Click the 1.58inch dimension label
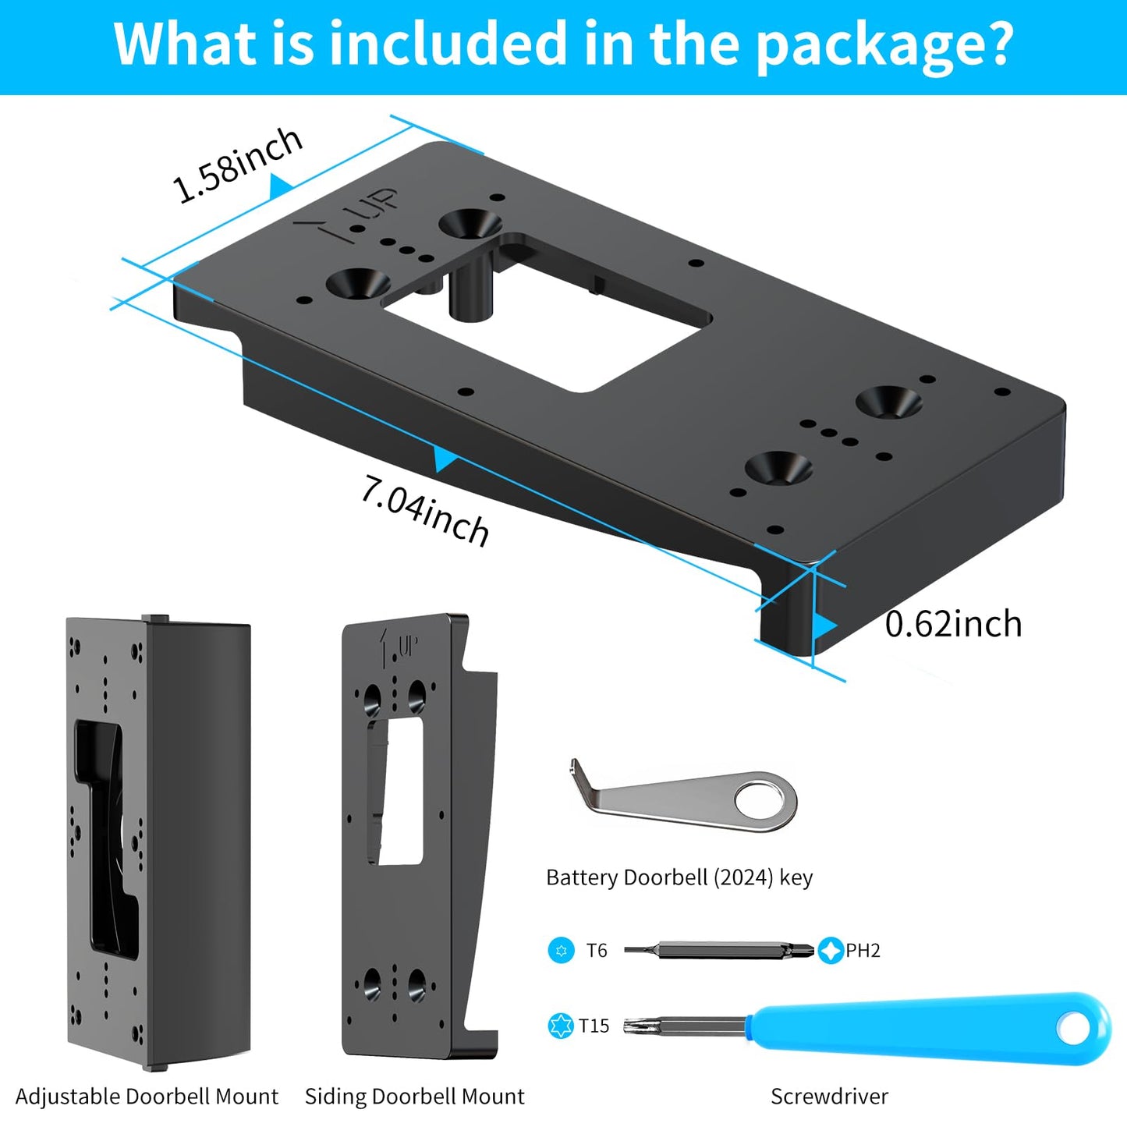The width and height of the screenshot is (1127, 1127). (x=237, y=165)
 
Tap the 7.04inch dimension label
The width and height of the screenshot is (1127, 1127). (x=425, y=512)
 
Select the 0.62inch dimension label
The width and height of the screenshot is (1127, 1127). (x=952, y=624)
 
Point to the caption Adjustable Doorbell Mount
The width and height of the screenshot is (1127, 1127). (x=147, y=1096)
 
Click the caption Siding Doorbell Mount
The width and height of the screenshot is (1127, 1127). (x=414, y=1096)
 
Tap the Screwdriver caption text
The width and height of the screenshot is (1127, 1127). (x=829, y=1096)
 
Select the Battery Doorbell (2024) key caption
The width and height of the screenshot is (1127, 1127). (x=679, y=877)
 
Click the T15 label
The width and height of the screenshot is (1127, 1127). (x=594, y=1026)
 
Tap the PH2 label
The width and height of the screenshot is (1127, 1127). (x=863, y=950)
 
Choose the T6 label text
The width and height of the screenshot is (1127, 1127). (x=597, y=950)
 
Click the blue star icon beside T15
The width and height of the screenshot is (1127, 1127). (x=561, y=1026)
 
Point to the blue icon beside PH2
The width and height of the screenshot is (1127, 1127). (x=831, y=950)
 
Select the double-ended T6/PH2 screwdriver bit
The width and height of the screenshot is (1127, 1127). (x=718, y=950)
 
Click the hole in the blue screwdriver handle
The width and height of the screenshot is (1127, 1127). (x=1075, y=1028)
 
